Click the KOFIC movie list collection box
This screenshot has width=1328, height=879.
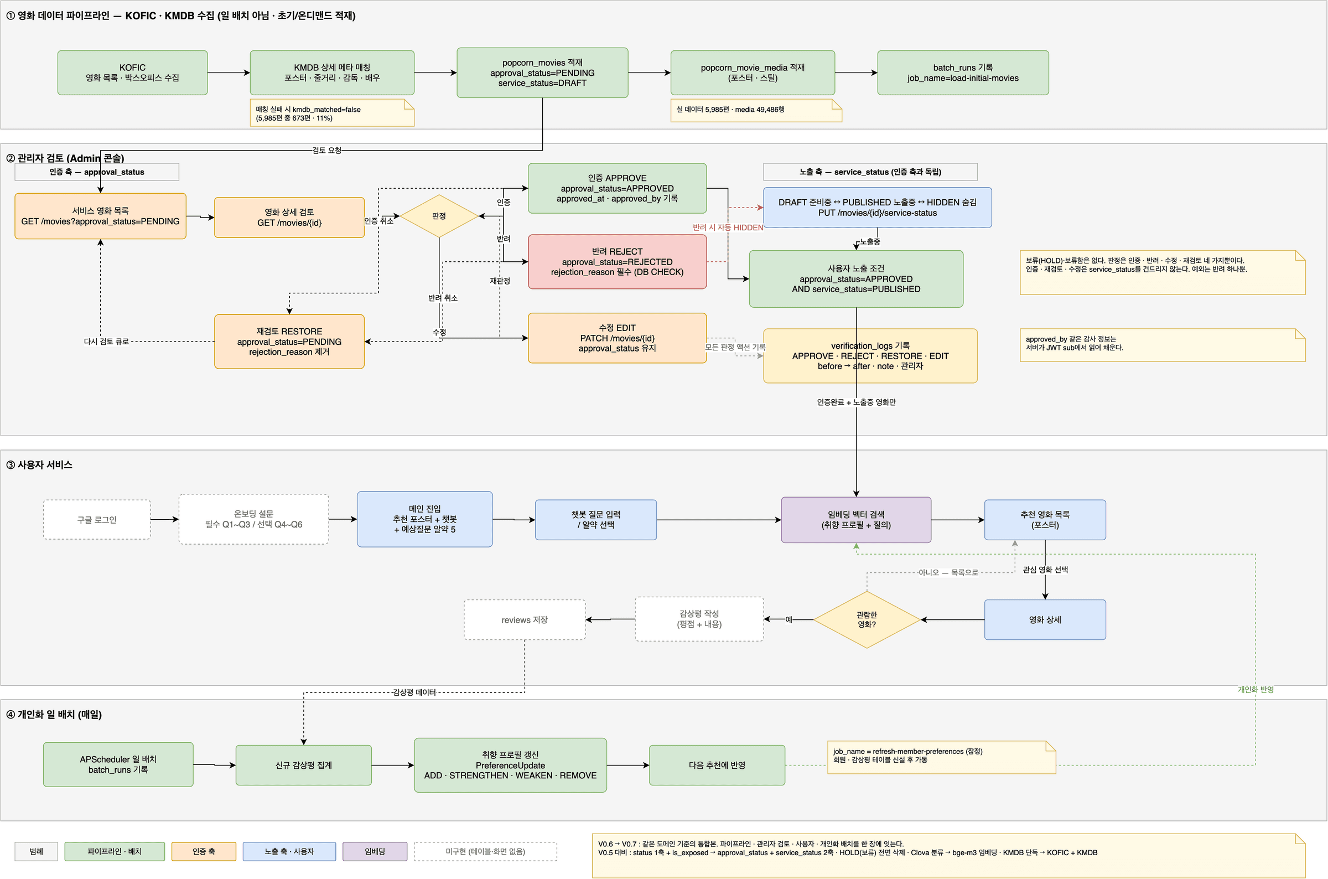[x=132, y=73]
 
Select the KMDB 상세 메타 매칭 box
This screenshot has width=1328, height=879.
[x=331, y=73]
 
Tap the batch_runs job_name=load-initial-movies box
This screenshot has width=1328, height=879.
[x=963, y=73]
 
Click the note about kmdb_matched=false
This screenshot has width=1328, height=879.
[x=331, y=113]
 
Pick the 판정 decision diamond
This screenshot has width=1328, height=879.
[x=439, y=216]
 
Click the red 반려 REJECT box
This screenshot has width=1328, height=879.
[x=617, y=262]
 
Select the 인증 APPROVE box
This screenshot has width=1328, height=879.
[x=617, y=188]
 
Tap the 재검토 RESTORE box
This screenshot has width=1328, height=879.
[x=289, y=342]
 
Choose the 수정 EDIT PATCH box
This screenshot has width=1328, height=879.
[x=617, y=338]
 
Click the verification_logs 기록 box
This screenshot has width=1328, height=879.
[x=870, y=356]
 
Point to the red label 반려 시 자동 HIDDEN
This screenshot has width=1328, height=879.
[x=727, y=227]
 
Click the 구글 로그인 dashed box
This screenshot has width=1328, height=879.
[x=97, y=520]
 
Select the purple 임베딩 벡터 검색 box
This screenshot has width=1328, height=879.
[x=855, y=520]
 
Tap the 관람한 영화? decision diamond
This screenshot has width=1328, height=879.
[x=867, y=619]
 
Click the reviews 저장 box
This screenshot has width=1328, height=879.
[x=525, y=619]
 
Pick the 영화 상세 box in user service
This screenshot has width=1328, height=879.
[x=1045, y=619]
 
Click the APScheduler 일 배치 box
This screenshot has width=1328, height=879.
[x=118, y=764]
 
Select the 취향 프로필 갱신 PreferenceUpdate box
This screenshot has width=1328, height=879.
[x=510, y=765]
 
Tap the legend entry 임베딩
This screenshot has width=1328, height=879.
[x=375, y=851]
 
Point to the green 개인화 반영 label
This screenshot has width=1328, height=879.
[x=1255, y=690]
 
